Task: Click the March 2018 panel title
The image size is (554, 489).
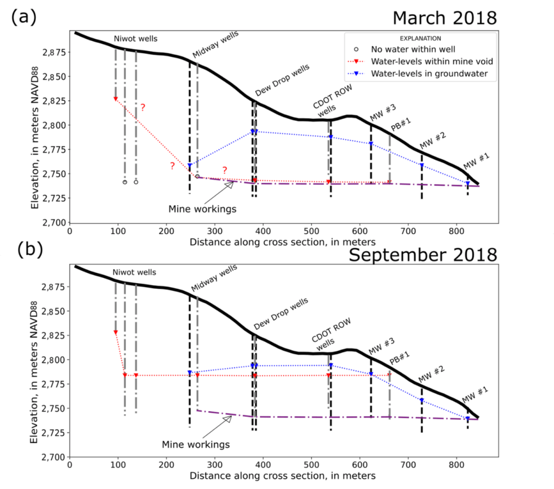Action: coord(444,17)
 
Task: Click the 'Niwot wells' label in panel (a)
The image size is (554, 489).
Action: coord(135,38)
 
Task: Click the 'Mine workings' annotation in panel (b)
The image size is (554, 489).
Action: coord(195,444)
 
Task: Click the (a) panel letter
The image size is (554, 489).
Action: coord(24,17)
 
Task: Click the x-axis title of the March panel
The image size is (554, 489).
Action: coord(282,242)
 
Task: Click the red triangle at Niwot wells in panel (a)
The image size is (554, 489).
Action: coord(115,99)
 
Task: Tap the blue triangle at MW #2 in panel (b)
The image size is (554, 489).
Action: coord(421,401)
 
